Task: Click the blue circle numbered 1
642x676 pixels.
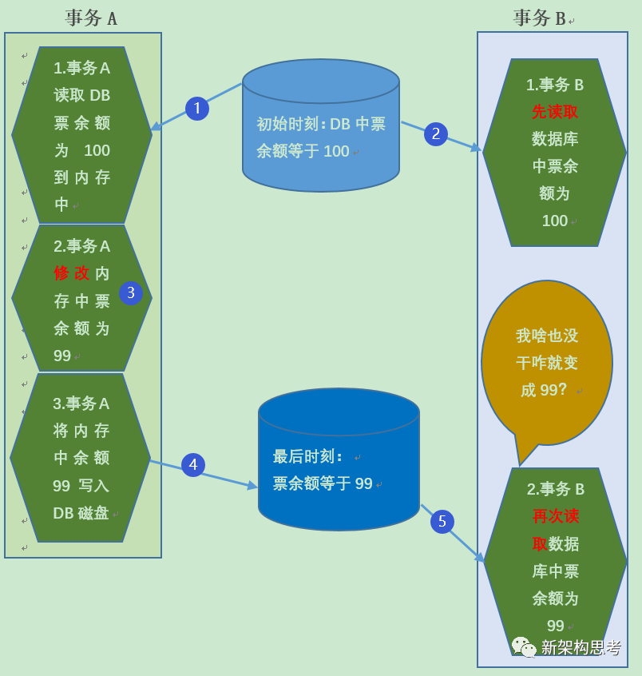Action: tap(197, 109)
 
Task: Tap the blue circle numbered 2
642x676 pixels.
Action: tap(436, 134)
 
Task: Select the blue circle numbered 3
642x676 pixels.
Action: tap(131, 293)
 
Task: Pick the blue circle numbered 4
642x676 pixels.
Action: tap(193, 465)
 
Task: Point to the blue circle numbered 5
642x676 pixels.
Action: tap(442, 522)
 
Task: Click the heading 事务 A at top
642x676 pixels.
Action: tap(91, 18)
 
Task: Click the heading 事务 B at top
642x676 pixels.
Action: tap(540, 18)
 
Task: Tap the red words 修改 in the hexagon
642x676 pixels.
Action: tap(72, 273)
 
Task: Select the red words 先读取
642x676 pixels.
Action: tap(555, 112)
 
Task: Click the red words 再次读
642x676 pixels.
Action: tap(556, 516)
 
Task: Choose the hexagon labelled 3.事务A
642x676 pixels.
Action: tap(81, 458)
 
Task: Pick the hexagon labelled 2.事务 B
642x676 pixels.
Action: tap(556, 559)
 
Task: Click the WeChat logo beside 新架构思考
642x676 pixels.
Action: tap(524, 647)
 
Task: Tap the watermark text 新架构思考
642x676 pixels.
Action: tap(581, 647)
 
